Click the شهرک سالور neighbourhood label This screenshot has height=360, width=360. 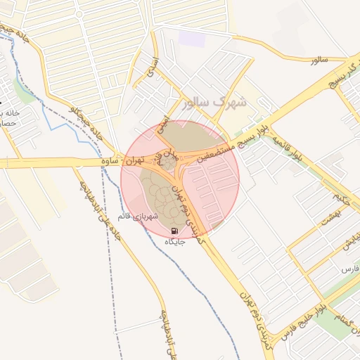(x=214, y=103)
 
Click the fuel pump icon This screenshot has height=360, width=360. (x=174, y=231)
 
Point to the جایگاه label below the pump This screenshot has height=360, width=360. (x=174, y=242)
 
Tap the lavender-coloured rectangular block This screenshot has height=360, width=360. (x=192, y=38)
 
